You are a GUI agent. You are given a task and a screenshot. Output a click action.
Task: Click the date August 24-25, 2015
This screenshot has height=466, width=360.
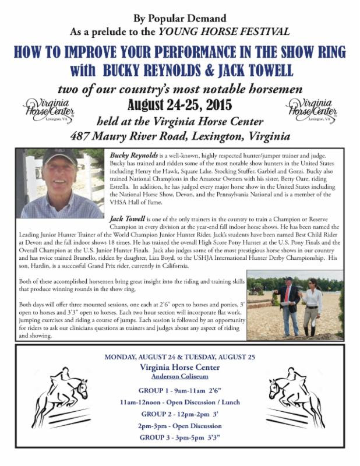click(x=180, y=105)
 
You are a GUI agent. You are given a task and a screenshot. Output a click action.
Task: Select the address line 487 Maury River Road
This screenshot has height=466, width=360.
click(x=180, y=137)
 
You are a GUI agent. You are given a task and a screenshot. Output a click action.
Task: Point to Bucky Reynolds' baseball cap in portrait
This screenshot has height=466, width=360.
click(x=59, y=156)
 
